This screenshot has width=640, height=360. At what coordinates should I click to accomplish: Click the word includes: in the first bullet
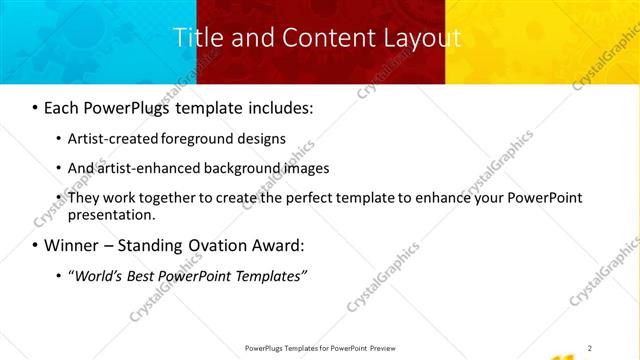(276, 106)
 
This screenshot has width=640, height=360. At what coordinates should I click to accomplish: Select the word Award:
(276, 245)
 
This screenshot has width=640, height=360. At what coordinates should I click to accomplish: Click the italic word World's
(96, 275)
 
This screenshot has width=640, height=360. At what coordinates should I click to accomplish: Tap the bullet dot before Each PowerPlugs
(35, 107)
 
